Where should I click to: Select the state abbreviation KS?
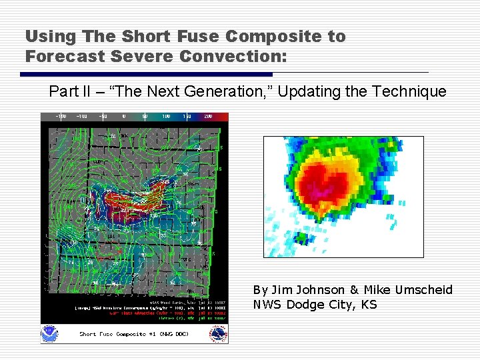coord(369,305)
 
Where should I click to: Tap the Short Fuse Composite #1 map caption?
coord(133,334)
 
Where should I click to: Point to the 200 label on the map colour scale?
coord(208,116)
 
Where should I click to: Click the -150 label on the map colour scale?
coord(60,116)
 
